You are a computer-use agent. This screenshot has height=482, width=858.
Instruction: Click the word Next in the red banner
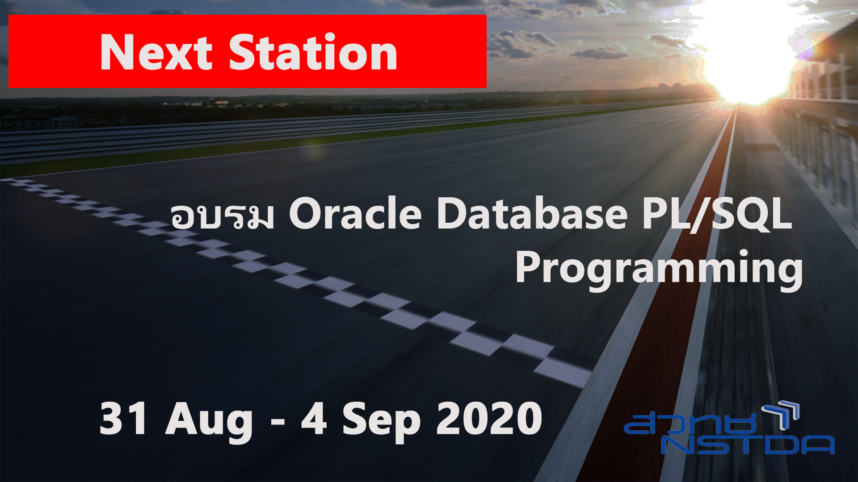click(x=156, y=53)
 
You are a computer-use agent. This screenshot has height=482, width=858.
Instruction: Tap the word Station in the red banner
click(x=313, y=53)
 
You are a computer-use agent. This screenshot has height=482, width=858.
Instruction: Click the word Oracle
click(x=355, y=214)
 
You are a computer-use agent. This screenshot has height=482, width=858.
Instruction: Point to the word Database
click(x=532, y=214)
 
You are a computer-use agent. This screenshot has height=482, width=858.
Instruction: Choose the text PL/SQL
click(x=717, y=214)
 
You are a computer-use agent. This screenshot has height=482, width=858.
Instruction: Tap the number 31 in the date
click(x=123, y=419)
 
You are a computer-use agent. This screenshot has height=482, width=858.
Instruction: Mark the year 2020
click(x=489, y=419)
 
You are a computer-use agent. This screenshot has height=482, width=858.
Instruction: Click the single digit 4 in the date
click(x=314, y=419)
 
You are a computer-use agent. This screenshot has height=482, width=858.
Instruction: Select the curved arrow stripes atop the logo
click(x=782, y=413)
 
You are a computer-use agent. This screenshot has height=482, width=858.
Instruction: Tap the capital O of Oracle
click(x=308, y=214)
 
